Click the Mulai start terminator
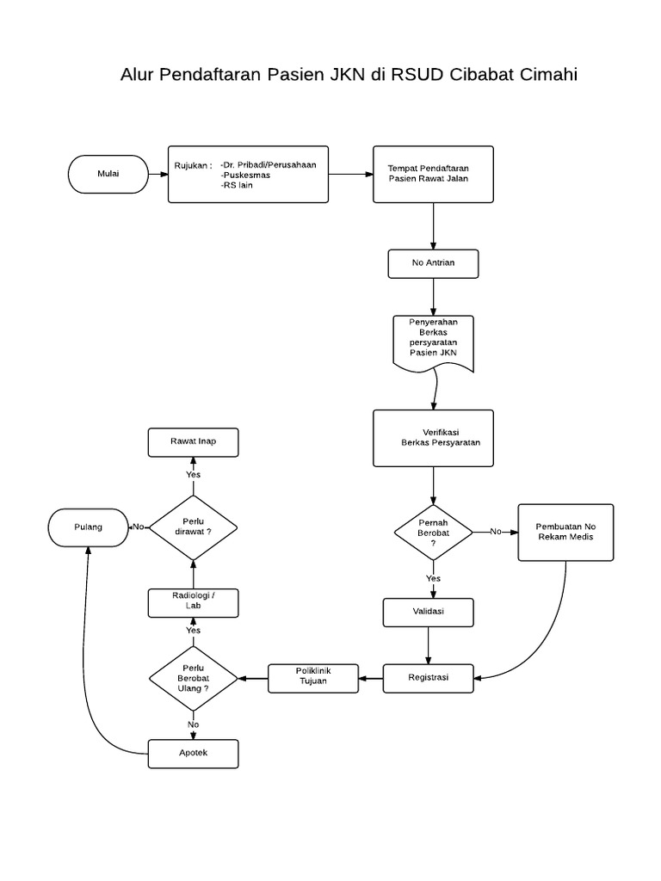108,174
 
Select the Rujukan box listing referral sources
248,174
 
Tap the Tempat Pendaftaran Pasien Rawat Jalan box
433,174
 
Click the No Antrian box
433,263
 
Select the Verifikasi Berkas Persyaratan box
433,439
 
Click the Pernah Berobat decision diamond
433,533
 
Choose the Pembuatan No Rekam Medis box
565,533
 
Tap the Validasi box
428,612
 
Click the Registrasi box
428,678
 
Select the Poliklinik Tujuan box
312,678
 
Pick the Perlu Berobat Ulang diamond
194,678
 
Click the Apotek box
193,754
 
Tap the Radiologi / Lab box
193,603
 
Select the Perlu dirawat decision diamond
193,527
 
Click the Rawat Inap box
193,442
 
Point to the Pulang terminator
88,527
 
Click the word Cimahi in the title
548,75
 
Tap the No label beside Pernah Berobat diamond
496,532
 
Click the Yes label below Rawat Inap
193,474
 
